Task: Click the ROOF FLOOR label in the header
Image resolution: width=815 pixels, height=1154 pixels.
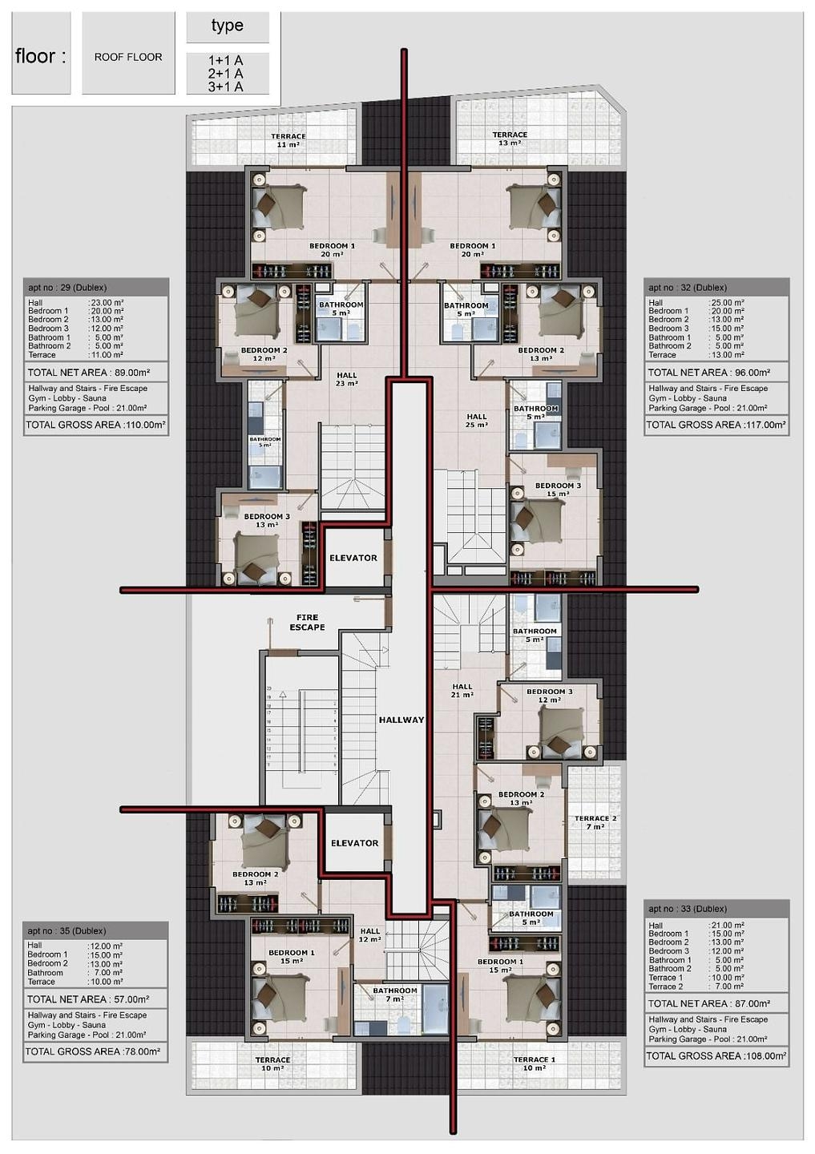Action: [x=128, y=57]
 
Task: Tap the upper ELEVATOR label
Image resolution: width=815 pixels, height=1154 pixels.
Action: [x=353, y=558]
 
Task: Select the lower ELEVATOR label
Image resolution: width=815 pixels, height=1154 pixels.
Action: [x=354, y=843]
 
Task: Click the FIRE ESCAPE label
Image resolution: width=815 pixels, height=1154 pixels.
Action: [x=307, y=623]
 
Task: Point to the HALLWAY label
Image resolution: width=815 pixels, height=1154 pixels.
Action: [x=401, y=720]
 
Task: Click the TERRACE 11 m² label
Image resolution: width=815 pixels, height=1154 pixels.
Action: [x=288, y=140]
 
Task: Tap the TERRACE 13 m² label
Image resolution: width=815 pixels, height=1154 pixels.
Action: [x=510, y=139]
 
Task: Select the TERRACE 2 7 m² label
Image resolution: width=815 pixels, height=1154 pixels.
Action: [x=595, y=822]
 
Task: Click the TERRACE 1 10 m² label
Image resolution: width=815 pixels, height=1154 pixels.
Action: [x=534, y=1063]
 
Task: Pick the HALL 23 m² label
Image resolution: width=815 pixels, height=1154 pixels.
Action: [x=347, y=379]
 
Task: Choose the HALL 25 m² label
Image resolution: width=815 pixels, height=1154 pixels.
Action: [x=477, y=421]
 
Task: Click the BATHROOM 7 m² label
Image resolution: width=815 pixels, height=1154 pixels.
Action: [x=394, y=995]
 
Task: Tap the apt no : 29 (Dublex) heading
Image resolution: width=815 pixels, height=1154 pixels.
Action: [x=67, y=288]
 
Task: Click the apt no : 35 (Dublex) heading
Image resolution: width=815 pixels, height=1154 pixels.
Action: [x=67, y=930]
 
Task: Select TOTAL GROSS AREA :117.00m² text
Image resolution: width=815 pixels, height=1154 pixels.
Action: [x=716, y=425]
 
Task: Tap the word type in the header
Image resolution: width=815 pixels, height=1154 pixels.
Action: [x=228, y=26]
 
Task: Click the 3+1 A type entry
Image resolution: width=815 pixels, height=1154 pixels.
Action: [x=226, y=87]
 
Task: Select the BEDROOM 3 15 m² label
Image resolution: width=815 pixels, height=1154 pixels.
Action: [x=558, y=490]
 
